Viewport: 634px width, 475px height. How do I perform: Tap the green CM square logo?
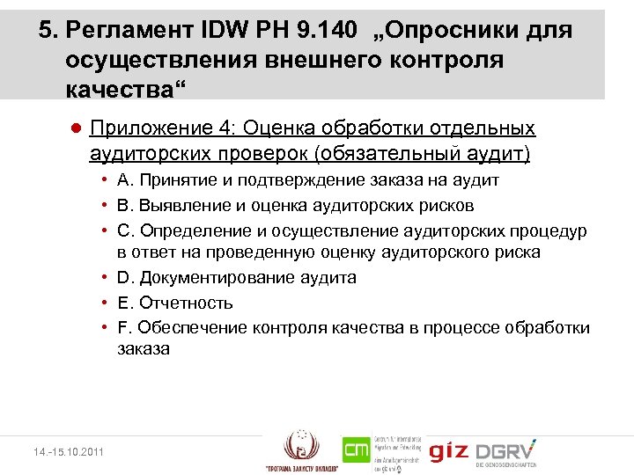(357, 451)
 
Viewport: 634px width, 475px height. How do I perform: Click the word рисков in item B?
(449, 205)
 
